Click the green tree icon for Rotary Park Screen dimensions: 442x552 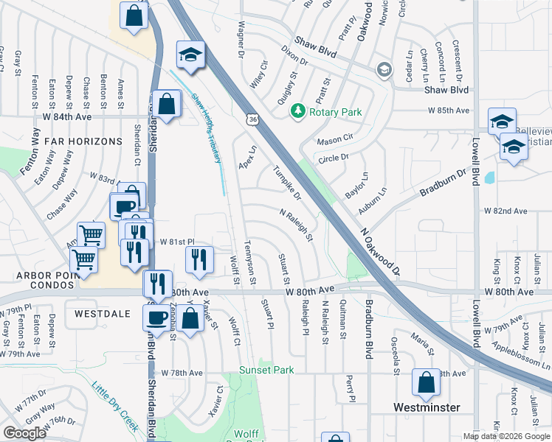tap(298, 111)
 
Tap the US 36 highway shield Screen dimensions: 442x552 tap(252, 119)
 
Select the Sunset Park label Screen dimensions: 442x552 tap(266, 370)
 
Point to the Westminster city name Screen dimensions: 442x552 tap(427, 407)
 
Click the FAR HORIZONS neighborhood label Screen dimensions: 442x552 tap(83, 141)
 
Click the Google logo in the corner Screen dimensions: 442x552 tap(25, 432)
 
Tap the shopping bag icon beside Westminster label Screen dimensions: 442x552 tap(426, 382)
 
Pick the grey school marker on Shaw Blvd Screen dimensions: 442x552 tap(384, 70)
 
